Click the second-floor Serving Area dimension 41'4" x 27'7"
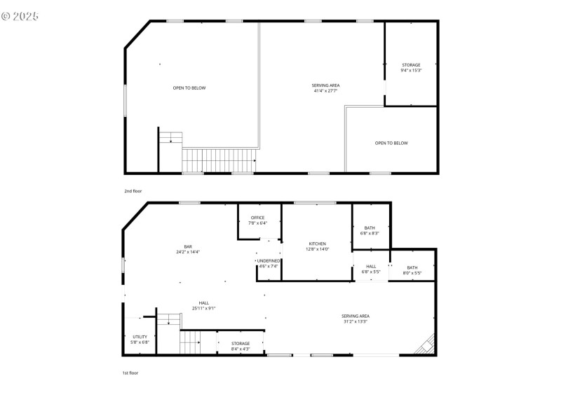point(325,90)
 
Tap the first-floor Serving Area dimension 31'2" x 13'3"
point(356,321)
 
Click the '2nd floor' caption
point(133,190)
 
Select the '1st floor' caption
point(130,373)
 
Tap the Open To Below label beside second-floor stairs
point(189,87)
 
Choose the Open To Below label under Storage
point(391,143)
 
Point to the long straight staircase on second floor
point(218,160)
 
